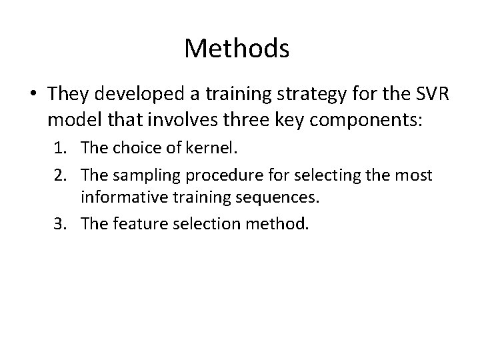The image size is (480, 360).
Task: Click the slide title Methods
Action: coord(237,49)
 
